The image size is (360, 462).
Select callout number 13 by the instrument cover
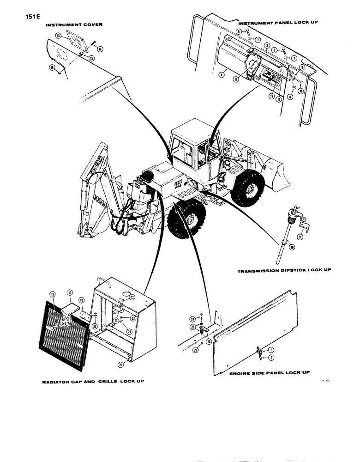click(58, 36)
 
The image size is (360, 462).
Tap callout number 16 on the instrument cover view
click(52, 68)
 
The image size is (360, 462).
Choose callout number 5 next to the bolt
click(239, 31)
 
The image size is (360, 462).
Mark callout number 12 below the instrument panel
click(271, 96)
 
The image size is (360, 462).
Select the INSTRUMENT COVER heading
click(74, 24)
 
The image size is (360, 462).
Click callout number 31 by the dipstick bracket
click(300, 237)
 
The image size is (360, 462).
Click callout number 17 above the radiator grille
click(69, 292)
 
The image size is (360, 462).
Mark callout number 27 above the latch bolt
click(192, 319)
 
